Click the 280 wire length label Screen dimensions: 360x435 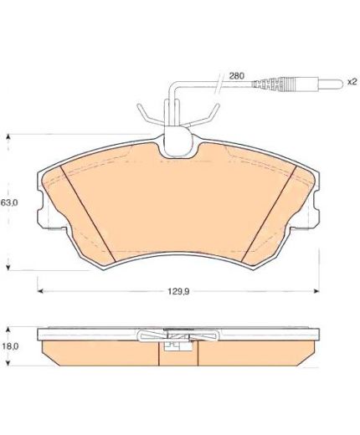tap(236, 76)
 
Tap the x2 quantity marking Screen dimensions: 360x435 tap(352, 82)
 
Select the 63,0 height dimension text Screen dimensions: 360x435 tap(9, 202)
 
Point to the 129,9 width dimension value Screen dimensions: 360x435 tap(178, 292)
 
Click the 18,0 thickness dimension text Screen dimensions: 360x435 tap(10, 346)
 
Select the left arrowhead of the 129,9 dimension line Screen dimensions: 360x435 tap(40, 291)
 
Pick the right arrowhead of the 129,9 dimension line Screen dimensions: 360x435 tap(316, 291)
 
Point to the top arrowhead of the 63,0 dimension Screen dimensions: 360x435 tap(8, 137)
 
